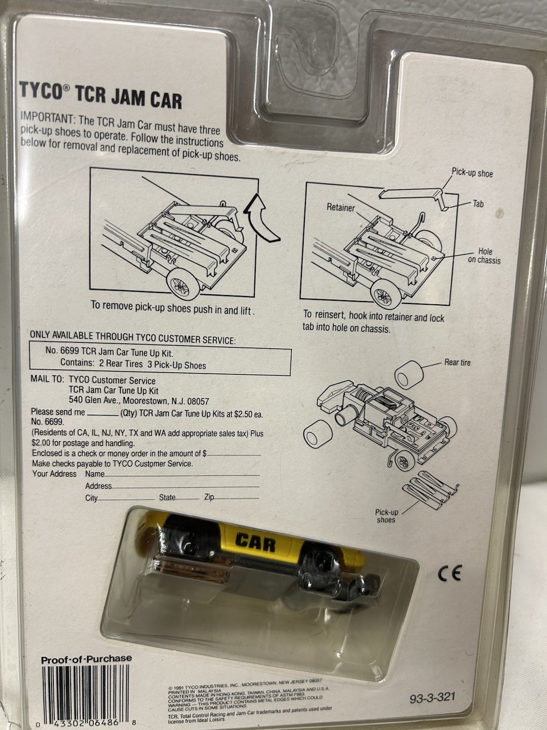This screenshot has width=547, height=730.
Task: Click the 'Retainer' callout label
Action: coord(340,208)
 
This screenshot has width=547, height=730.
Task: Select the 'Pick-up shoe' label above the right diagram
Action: coord(472,173)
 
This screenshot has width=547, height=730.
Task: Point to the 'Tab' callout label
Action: coord(478,203)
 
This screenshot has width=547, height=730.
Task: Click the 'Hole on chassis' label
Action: coord(484,256)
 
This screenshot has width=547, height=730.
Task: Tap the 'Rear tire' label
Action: coord(457,363)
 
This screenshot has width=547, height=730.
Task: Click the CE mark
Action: coord(449,573)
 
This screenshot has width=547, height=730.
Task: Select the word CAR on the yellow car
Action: coord(256,542)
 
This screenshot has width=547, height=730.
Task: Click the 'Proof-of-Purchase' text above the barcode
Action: coord(86,659)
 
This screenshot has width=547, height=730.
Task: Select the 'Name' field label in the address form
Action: coord(95,474)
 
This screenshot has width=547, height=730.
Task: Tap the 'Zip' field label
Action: coord(209,497)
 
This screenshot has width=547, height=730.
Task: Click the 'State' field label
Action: coord(167,497)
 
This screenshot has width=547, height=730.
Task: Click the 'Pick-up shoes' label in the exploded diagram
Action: coord(386,516)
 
